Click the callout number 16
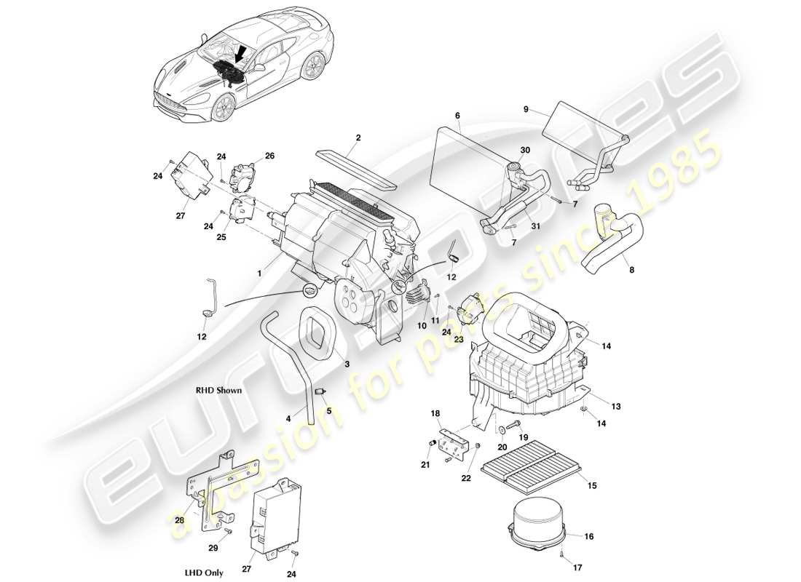(x=588, y=536)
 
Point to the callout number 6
(x=457, y=116)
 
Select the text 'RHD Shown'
(x=218, y=390)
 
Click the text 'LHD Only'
(x=204, y=573)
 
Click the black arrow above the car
(x=241, y=53)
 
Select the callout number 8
(x=631, y=270)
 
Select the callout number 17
(x=577, y=568)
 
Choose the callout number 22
(x=466, y=477)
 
